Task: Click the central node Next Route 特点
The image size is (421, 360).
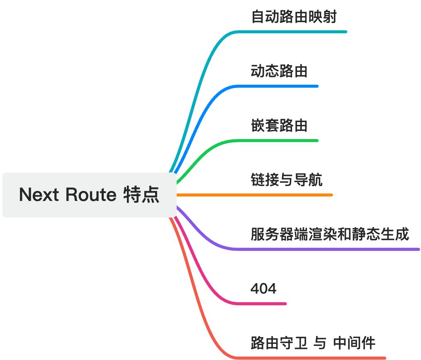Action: tap(89, 195)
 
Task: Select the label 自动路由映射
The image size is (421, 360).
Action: tap(294, 17)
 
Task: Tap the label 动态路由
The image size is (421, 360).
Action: tap(279, 71)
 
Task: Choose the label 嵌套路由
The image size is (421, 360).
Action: tap(279, 125)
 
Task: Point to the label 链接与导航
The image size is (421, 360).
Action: tap(287, 180)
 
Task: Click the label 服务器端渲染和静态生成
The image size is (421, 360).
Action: tap(330, 234)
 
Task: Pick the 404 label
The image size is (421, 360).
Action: tap(263, 289)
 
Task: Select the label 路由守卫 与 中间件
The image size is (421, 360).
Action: tap(313, 343)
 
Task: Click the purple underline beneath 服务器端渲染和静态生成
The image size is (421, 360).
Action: tap(332, 249)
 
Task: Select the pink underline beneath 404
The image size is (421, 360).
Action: tap(265, 304)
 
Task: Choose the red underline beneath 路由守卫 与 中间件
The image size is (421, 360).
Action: tap(315, 358)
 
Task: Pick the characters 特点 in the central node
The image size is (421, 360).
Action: tap(141, 195)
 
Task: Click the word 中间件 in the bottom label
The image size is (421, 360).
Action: tap(355, 343)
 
